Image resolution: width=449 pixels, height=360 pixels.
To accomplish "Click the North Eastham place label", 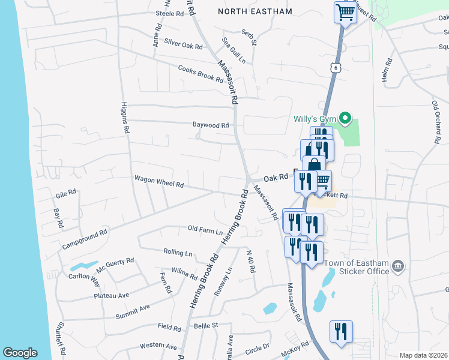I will tap(255, 11).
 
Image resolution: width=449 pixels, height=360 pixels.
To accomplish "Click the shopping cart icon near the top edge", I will tap(345, 12).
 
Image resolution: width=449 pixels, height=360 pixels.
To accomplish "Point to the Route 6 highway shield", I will tap(334, 68).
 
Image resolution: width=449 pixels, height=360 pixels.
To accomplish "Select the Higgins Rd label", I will tap(125, 117).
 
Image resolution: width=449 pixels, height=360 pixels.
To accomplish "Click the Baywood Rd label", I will tap(211, 125).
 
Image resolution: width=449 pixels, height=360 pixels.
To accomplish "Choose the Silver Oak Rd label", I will tap(184, 45).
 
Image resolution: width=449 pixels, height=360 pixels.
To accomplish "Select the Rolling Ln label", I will tap(178, 252).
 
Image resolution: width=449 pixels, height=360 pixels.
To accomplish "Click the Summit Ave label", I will tap(133, 308).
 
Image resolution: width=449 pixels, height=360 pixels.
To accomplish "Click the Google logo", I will tap(20, 353).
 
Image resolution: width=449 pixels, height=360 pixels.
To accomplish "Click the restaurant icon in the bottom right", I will tap(341, 332).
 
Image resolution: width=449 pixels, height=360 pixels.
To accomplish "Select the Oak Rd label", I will tap(276, 178).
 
